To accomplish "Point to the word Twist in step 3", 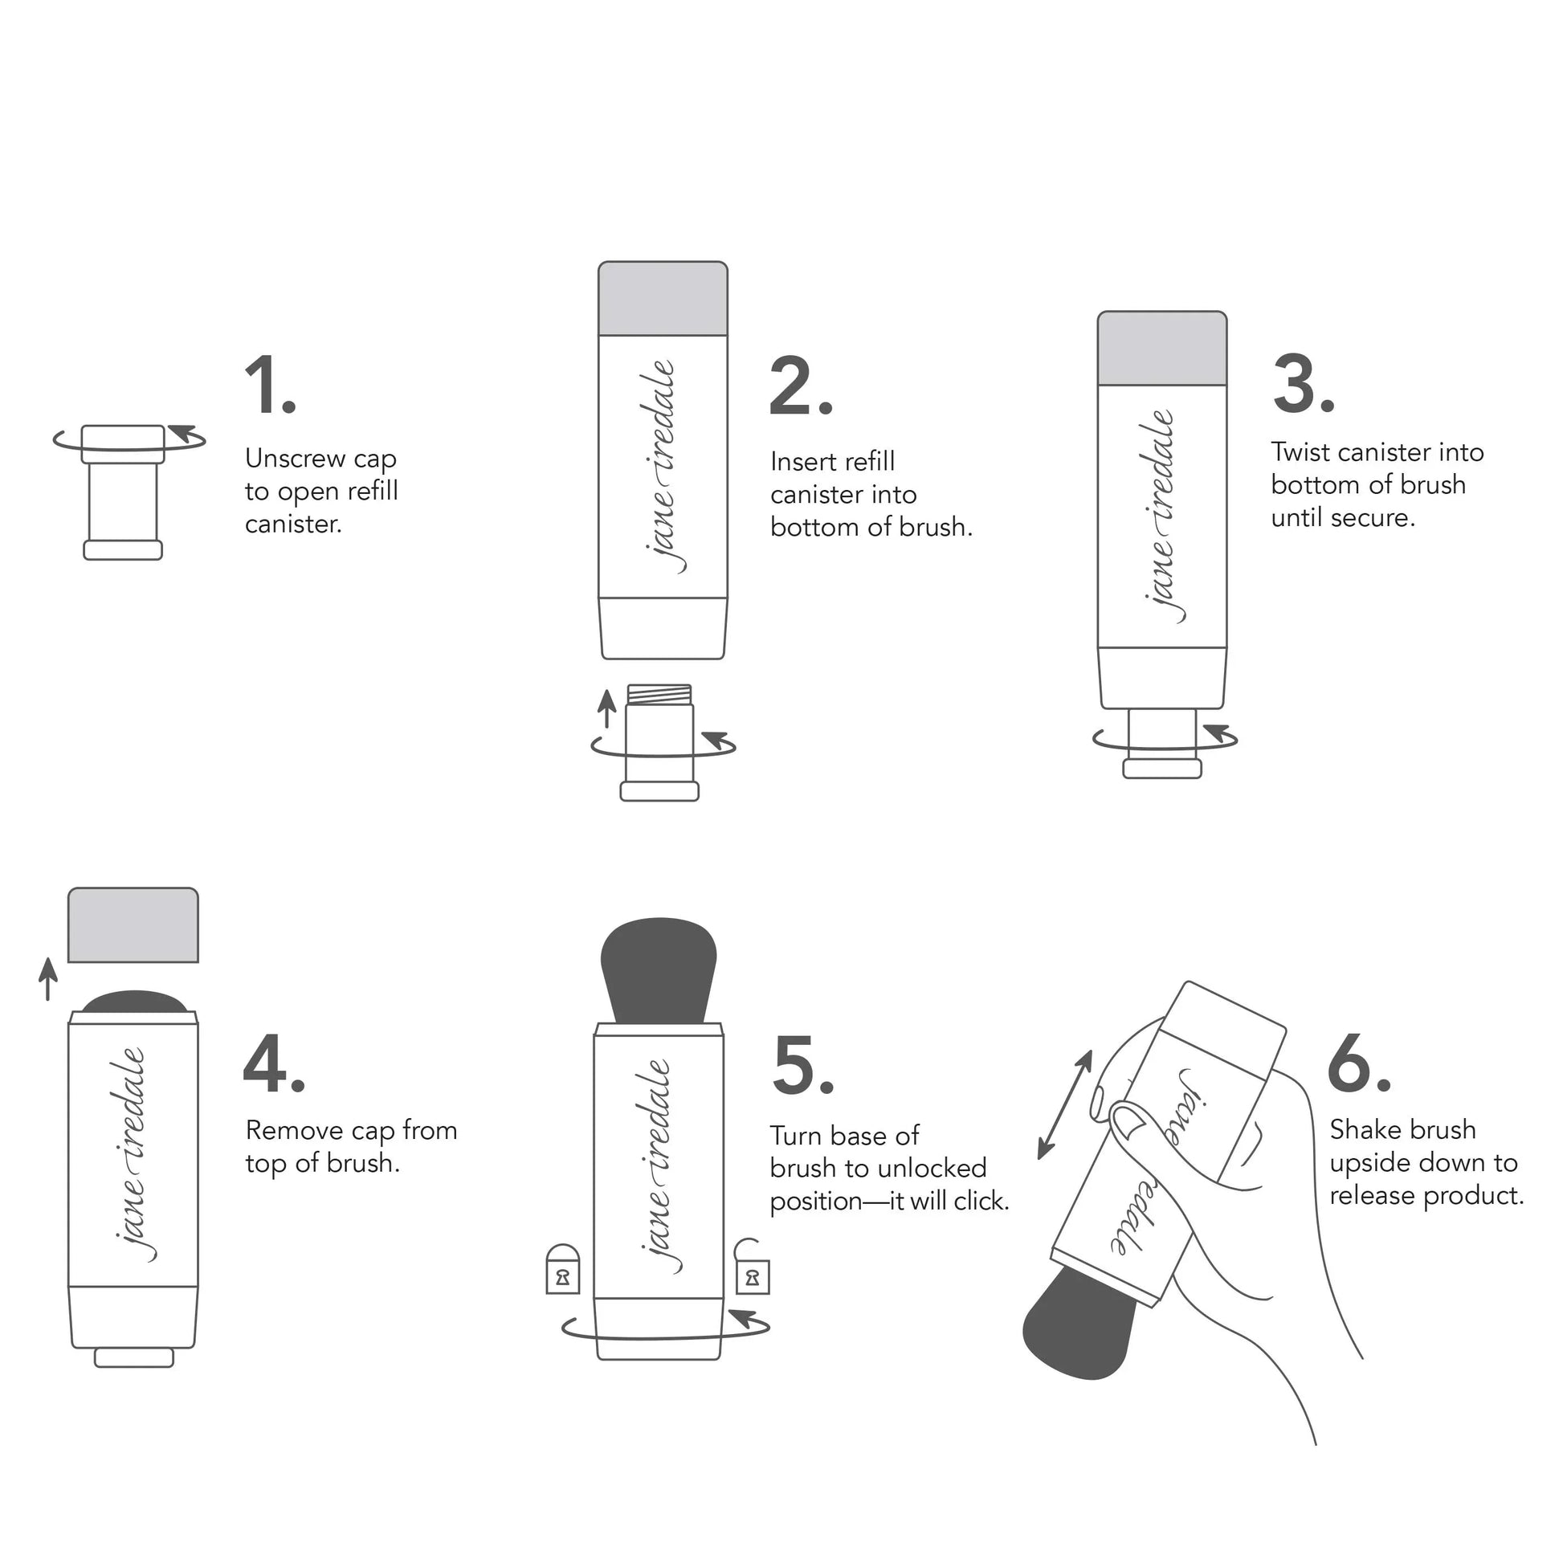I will coord(1300,451).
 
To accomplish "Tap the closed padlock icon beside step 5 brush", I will coord(562,1269).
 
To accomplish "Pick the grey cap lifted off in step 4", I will coord(133,924).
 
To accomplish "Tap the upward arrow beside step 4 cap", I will coord(48,978).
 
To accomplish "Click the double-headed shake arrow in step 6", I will coord(1065,1105).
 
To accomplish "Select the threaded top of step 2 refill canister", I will coord(659,694).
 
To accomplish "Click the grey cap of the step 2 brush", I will coord(662,298).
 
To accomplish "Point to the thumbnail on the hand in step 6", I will coord(1127,1120).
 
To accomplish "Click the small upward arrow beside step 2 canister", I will coord(606,708).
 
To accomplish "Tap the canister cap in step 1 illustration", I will coord(123,443).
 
